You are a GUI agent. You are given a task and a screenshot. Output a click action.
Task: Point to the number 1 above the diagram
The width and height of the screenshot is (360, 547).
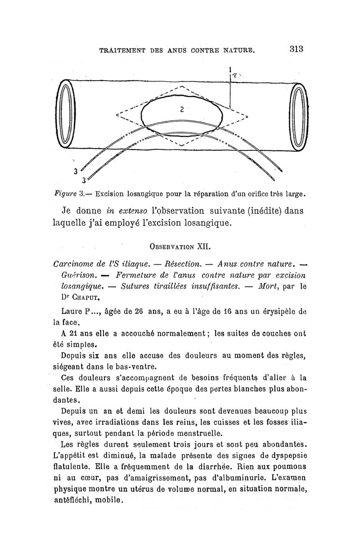229,70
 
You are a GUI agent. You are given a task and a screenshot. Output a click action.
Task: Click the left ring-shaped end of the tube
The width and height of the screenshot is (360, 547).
67,114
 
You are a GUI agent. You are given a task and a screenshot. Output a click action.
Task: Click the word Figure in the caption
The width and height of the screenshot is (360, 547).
63,195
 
